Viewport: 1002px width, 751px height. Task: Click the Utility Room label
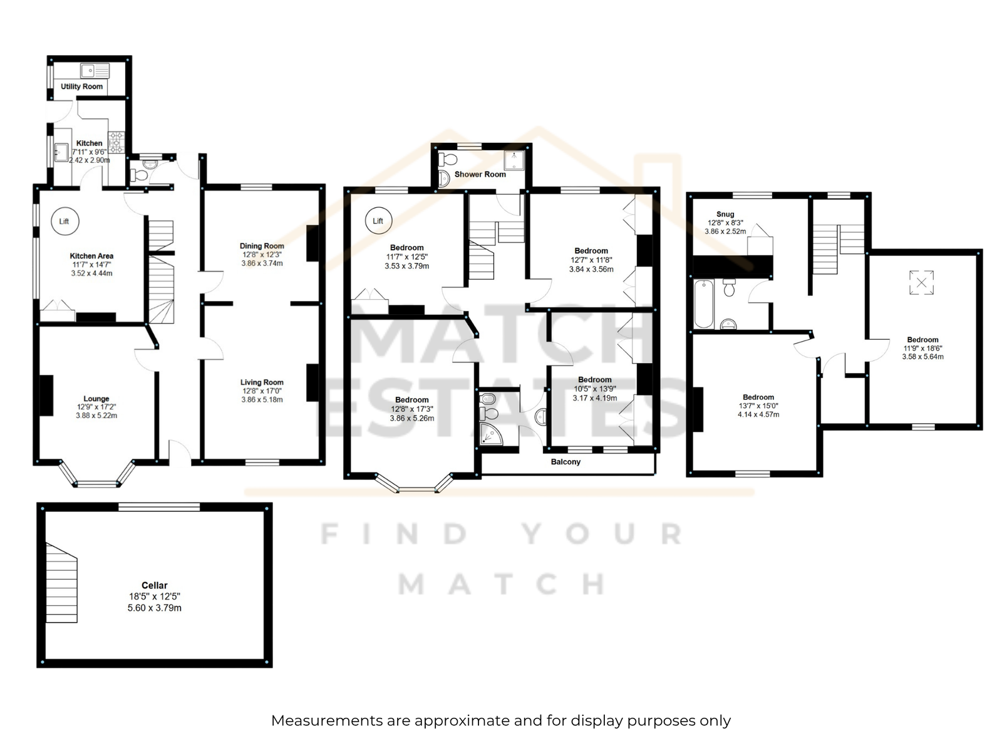(81, 86)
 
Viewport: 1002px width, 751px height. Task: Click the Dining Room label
(262, 246)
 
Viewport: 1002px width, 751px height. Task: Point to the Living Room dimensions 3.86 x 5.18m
(262, 399)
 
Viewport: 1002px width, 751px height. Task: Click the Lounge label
(96, 399)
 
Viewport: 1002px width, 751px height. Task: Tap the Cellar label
(154, 585)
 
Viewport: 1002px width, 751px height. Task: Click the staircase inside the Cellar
(61, 582)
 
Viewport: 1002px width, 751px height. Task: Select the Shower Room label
(480, 174)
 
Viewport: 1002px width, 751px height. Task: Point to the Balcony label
(566, 461)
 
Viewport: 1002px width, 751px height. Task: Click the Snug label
(725, 214)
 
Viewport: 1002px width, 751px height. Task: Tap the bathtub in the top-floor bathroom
(703, 304)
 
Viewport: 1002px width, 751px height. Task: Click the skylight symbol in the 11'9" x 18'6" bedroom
(921, 283)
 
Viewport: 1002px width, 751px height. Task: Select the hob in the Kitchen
(116, 142)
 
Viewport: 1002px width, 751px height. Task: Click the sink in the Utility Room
(95, 71)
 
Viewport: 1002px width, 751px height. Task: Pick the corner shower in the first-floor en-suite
(491, 434)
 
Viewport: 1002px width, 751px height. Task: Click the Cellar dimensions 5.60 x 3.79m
(154, 608)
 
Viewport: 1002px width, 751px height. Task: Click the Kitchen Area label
(91, 256)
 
